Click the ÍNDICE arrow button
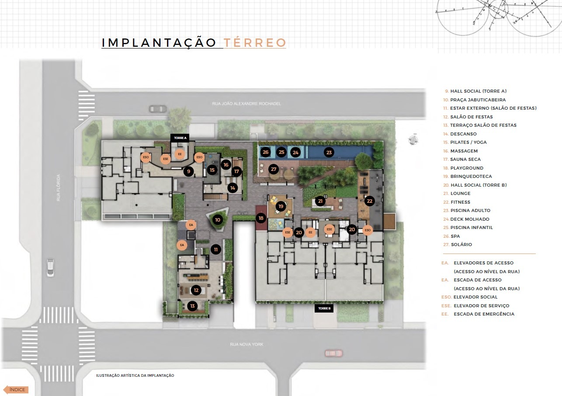pos(16,389)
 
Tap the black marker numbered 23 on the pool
pos(329,153)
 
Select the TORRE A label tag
pos(180,138)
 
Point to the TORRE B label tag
pos(324,309)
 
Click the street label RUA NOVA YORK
pos(246,344)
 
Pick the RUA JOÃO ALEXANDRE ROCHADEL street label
pos(246,104)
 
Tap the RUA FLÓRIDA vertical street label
pos(58,188)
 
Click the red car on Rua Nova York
pos(334,353)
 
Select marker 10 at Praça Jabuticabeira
pos(218,220)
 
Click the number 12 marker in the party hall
pos(196,290)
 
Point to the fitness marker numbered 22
pos(370,201)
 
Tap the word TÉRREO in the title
pos(255,43)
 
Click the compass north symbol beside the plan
pos(413,139)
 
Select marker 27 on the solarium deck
pos(274,169)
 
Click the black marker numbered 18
pos(261,218)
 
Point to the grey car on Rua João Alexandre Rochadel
pos(158,109)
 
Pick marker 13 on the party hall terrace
pos(192,306)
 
